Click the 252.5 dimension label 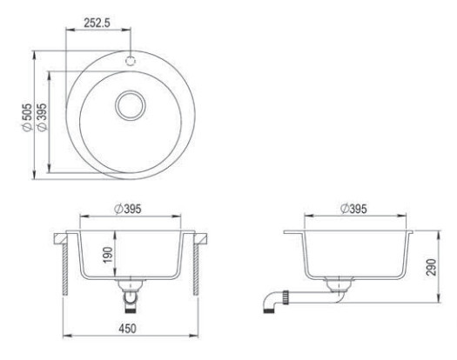(97, 23)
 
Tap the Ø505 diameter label (27, 117)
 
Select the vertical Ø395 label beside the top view (43, 117)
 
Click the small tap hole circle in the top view (131, 61)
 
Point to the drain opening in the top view (131, 105)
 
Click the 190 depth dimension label (108, 255)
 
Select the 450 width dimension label (127, 329)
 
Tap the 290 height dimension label (431, 267)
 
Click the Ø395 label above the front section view (128, 209)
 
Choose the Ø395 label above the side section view (353, 209)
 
